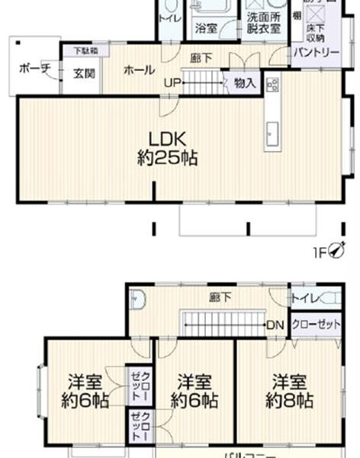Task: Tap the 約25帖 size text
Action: pos(168,159)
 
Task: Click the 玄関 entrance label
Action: pos(83,74)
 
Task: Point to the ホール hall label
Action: pos(140,69)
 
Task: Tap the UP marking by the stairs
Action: pos(170,82)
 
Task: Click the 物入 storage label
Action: pos(245,82)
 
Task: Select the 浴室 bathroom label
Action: pos(206,28)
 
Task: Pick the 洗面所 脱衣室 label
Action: pos(262,22)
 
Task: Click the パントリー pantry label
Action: pos(317,52)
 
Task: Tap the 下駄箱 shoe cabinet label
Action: pos(84,51)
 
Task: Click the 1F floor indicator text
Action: pos(321,251)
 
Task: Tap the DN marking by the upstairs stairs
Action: pos(276,326)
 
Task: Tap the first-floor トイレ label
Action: pos(169,18)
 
